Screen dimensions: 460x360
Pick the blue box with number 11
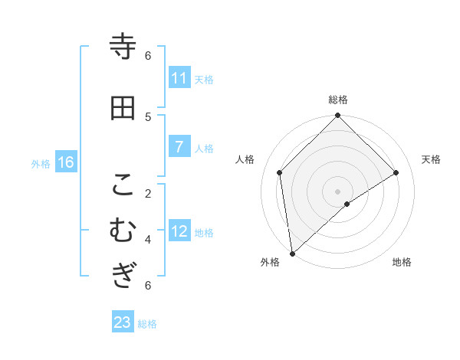click(179, 78)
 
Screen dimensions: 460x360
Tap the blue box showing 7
click(179, 147)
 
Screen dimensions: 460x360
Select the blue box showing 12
click(179, 231)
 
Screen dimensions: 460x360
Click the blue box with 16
click(66, 162)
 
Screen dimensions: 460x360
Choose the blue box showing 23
click(123, 322)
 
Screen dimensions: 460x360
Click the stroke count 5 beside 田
click(148, 116)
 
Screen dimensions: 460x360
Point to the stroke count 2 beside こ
click(148, 193)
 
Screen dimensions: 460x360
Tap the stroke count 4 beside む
click(148, 239)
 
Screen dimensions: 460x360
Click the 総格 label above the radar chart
click(338, 100)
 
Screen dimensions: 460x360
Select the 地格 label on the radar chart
click(402, 262)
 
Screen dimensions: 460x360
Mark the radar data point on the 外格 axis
click(291, 254)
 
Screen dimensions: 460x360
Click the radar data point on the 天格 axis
click(396, 172)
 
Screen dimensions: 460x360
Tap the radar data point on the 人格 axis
click(280, 172)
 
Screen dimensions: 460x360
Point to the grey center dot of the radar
click(338, 191)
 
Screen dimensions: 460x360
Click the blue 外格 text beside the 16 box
click(41, 163)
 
